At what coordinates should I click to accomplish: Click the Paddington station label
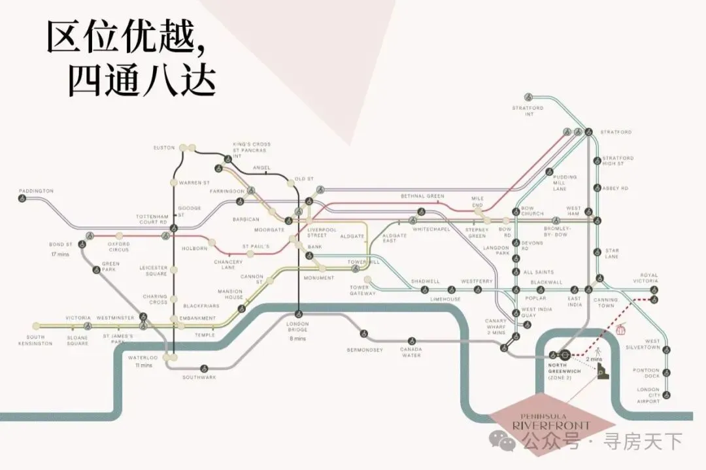click(36, 191)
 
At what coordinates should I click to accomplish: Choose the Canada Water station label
click(411, 352)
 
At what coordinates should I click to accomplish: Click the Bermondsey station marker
click(364, 334)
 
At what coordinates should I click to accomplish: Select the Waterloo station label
click(143, 358)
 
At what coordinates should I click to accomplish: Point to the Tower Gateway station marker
click(367, 280)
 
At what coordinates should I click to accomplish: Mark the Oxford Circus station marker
click(119, 235)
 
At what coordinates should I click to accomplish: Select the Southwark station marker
click(205, 368)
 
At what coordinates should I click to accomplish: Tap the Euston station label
click(164, 148)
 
